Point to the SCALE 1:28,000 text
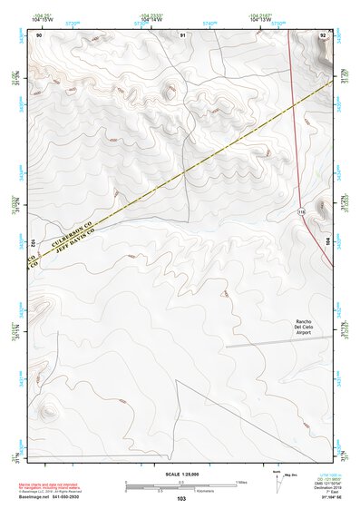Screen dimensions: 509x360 [180, 474]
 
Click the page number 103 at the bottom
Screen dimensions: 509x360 [181, 499]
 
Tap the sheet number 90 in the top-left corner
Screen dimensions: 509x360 [39, 34]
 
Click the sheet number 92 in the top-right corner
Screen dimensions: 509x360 [324, 34]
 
